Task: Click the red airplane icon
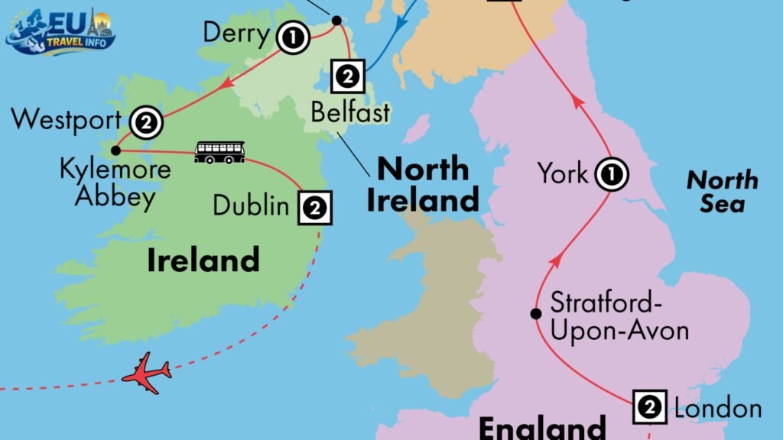[146, 373]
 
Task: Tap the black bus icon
[219, 152]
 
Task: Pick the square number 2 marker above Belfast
[348, 76]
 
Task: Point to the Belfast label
[350, 112]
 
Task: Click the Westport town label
[67, 119]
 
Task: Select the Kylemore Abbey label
[115, 183]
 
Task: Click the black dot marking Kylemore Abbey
[115, 150]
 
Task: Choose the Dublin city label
[251, 205]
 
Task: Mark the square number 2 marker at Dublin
[316, 207]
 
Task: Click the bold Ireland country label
[203, 260]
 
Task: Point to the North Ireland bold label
[423, 184]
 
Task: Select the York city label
[563, 173]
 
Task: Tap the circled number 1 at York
[611, 175]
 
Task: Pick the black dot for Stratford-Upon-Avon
[536, 313]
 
